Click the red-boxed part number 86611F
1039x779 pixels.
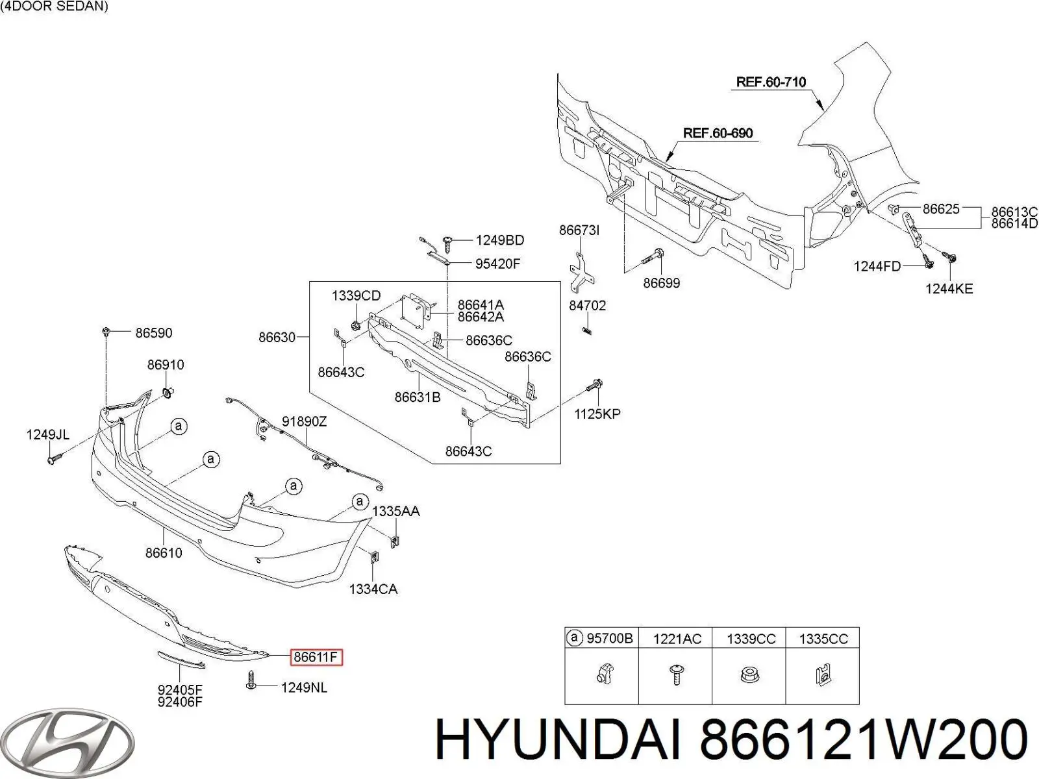(x=316, y=657)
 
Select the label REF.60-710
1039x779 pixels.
(x=771, y=82)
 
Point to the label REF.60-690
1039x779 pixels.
(x=718, y=133)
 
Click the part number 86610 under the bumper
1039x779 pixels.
(x=164, y=553)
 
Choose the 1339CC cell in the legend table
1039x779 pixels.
(x=751, y=639)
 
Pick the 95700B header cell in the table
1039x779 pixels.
(x=601, y=638)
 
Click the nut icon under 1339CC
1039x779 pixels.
(x=749, y=676)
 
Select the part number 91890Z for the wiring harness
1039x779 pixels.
(x=304, y=422)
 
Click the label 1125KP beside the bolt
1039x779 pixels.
(x=597, y=414)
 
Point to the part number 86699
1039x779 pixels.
(x=661, y=283)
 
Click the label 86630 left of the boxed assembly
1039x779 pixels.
(x=277, y=338)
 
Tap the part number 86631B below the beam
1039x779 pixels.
(x=418, y=397)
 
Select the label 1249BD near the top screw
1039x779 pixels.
(x=499, y=241)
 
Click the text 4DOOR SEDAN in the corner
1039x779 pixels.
(x=55, y=7)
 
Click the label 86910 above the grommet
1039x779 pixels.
(x=166, y=365)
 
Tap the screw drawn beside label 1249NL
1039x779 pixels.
(x=253, y=680)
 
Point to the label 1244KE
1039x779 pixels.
(x=949, y=288)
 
